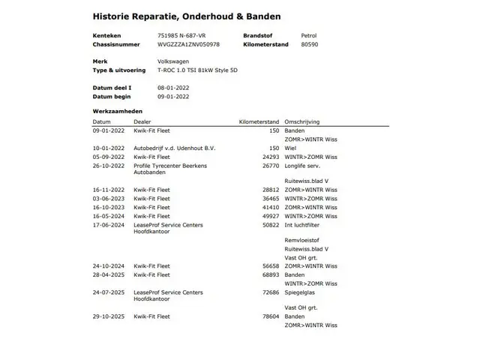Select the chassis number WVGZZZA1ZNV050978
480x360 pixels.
click(189, 44)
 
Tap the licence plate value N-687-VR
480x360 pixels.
click(191, 35)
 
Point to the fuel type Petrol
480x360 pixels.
click(308, 35)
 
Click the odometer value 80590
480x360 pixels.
click(308, 44)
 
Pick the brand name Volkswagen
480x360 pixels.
click(173, 61)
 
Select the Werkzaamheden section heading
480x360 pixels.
click(117, 112)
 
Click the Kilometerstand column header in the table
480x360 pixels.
click(259, 121)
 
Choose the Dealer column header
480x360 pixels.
click(142, 121)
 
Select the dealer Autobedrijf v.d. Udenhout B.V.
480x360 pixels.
click(174, 148)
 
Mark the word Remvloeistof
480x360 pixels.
click(302, 240)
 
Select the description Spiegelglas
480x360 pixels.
click(301, 292)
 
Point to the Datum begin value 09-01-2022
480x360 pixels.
click(173, 96)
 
